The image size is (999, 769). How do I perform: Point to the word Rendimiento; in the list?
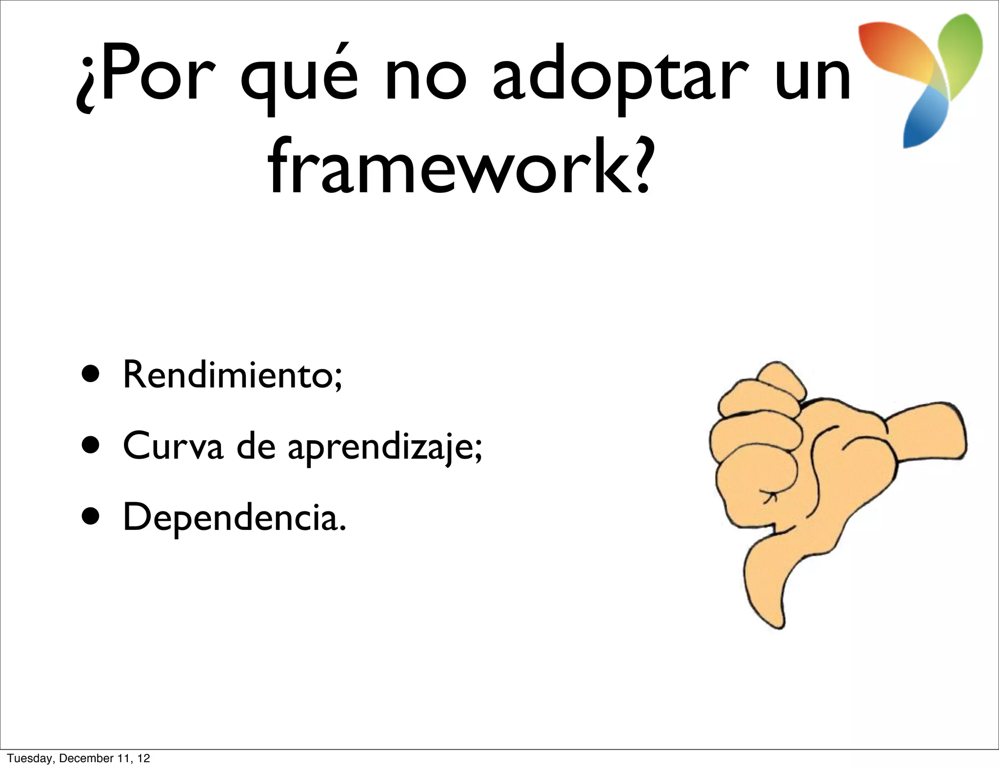point(233,375)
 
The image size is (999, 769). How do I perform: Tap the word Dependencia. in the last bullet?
point(234,517)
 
